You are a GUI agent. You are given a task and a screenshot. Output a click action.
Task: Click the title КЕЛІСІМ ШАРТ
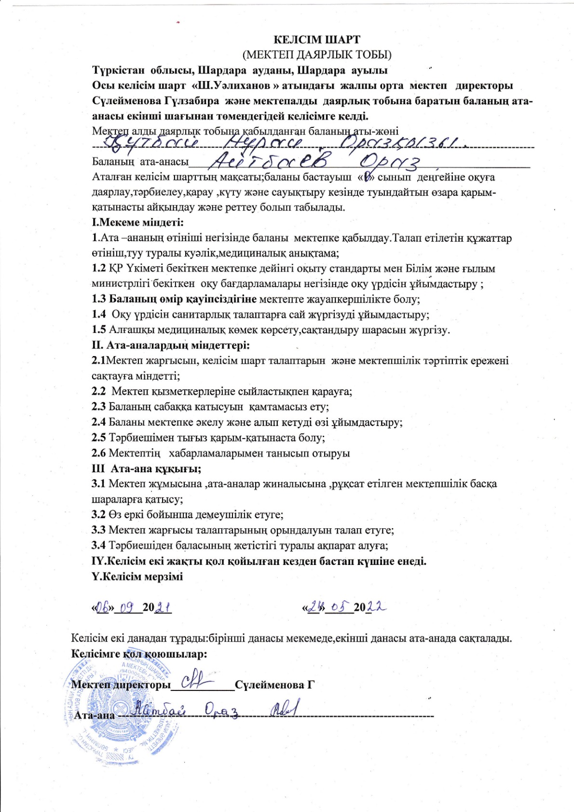(x=317, y=40)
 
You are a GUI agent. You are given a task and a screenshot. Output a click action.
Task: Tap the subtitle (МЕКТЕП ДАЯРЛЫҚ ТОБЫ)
(x=317, y=54)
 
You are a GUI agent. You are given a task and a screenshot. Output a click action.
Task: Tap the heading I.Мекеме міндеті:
(x=138, y=222)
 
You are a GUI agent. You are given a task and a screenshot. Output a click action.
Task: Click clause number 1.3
(x=99, y=299)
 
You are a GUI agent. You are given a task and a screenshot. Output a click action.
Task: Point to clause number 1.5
(x=99, y=330)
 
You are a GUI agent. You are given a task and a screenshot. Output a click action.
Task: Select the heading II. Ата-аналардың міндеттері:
(x=171, y=345)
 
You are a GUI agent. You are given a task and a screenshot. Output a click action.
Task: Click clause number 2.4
(x=99, y=422)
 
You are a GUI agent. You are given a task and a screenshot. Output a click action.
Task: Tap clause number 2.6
(x=99, y=453)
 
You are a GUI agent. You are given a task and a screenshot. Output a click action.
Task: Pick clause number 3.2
(x=99, y=515)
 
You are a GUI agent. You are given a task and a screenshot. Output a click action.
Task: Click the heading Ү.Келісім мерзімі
(x=137, y=577)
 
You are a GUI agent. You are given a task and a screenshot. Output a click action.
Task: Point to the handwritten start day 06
(x=103, y=606)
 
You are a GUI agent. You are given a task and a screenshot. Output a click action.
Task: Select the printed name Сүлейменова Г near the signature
(x=274, y=685)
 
